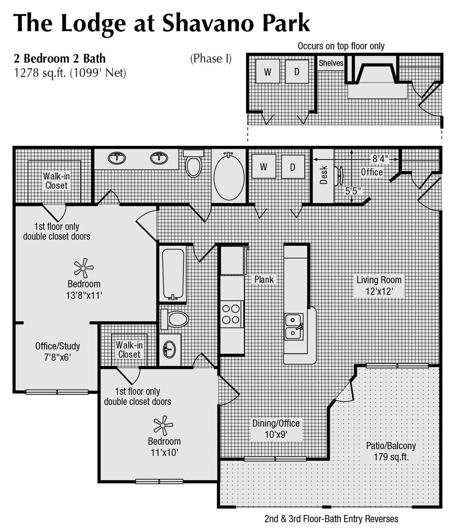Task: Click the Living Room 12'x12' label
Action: pos(379,285)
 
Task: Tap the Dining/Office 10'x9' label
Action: pos(276,429)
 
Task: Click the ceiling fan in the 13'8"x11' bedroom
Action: pos(83,268)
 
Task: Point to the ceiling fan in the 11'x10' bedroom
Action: pos(163,425)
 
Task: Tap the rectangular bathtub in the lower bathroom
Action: pos(173,274)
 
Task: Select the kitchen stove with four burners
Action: pos(232,314)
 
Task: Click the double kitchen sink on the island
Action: pos(294,326)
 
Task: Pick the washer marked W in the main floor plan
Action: pos(264,167)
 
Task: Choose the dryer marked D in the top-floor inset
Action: pos(297,72)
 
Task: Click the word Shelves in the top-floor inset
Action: pos(331,63)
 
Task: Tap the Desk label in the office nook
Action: pos(324,175)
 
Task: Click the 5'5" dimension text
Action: pos(353,190)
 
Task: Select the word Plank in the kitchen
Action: pos(263,279)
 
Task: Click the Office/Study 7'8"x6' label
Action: pos(58,351)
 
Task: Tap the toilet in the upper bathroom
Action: pos(193,165)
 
